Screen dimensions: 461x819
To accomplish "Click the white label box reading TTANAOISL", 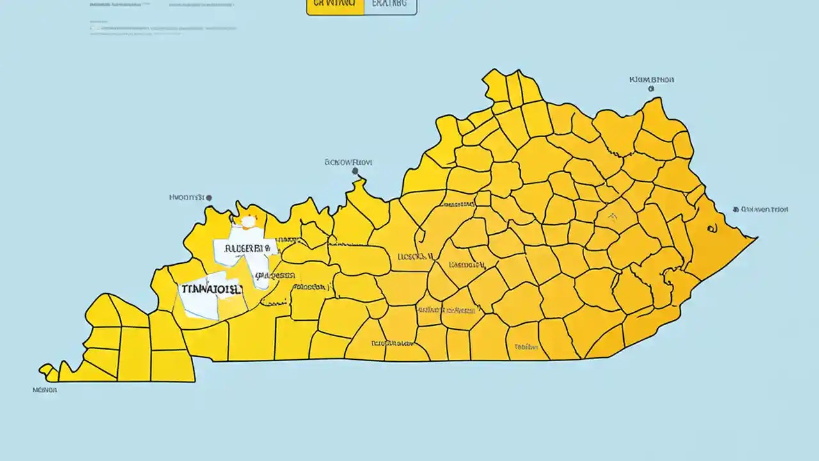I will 211,289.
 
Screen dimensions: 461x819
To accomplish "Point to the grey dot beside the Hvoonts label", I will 209,198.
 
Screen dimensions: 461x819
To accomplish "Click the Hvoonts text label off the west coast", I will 186,198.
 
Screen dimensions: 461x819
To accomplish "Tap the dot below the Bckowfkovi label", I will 356,172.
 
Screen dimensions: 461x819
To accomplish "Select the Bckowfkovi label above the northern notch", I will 349,163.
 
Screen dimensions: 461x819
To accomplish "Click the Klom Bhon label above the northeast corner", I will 651,80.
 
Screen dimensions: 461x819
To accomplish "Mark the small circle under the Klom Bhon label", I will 651,90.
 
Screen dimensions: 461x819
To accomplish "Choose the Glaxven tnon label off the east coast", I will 765,209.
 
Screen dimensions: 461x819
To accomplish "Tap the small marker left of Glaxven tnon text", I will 736,209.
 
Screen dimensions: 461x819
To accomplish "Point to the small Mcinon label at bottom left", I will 45,389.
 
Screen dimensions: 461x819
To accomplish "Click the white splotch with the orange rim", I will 248,222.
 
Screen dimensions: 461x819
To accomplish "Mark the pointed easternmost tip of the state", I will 757,239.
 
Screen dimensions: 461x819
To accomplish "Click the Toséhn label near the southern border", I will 525,347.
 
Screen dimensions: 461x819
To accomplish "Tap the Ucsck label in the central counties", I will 415,257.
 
